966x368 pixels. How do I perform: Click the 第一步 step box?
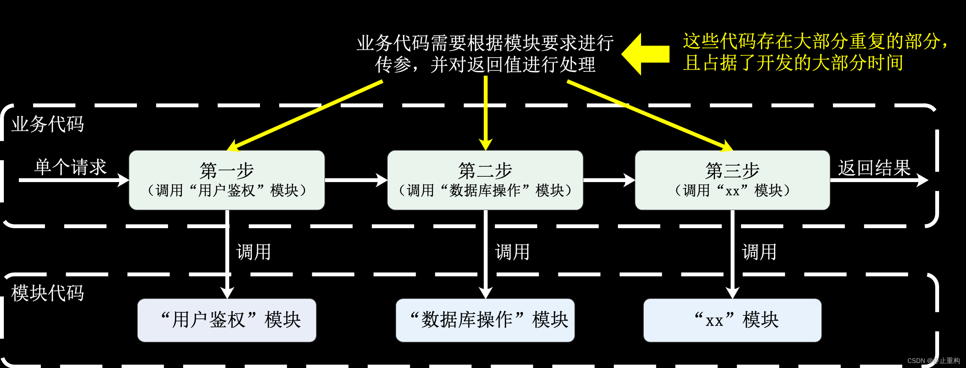[x=227, y=180]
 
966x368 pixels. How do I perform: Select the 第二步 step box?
[x=485, y=180]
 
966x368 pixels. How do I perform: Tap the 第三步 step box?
[x=732, y=180]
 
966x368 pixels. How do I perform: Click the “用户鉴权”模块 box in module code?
[x=227, y=320]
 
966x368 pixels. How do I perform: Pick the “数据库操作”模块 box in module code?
[x=485, y=320]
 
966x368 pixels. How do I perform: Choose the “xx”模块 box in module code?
[x=732, y=320]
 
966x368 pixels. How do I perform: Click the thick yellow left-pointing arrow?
[x=646, y=54]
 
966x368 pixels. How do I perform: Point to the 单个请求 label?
[x=70, y=167]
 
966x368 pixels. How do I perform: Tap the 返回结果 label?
[x=874, y=168]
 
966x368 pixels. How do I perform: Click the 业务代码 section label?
[x=48, y=124]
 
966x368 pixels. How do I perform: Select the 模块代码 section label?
[x=48, y=293]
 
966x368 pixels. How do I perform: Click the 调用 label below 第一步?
[x=254, y=252]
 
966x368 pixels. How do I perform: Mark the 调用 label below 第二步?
[x=512, y=252]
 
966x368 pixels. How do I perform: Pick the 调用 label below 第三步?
[x=759, y=252]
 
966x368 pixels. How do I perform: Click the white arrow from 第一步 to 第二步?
[x=356, y=180]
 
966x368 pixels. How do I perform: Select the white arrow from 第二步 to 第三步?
[x=609, y=180]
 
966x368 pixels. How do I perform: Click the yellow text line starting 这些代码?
[x=815, y=41]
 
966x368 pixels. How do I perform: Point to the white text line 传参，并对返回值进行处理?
[x=485, y=65]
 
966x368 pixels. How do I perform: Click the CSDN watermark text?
[x=933, y=361]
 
